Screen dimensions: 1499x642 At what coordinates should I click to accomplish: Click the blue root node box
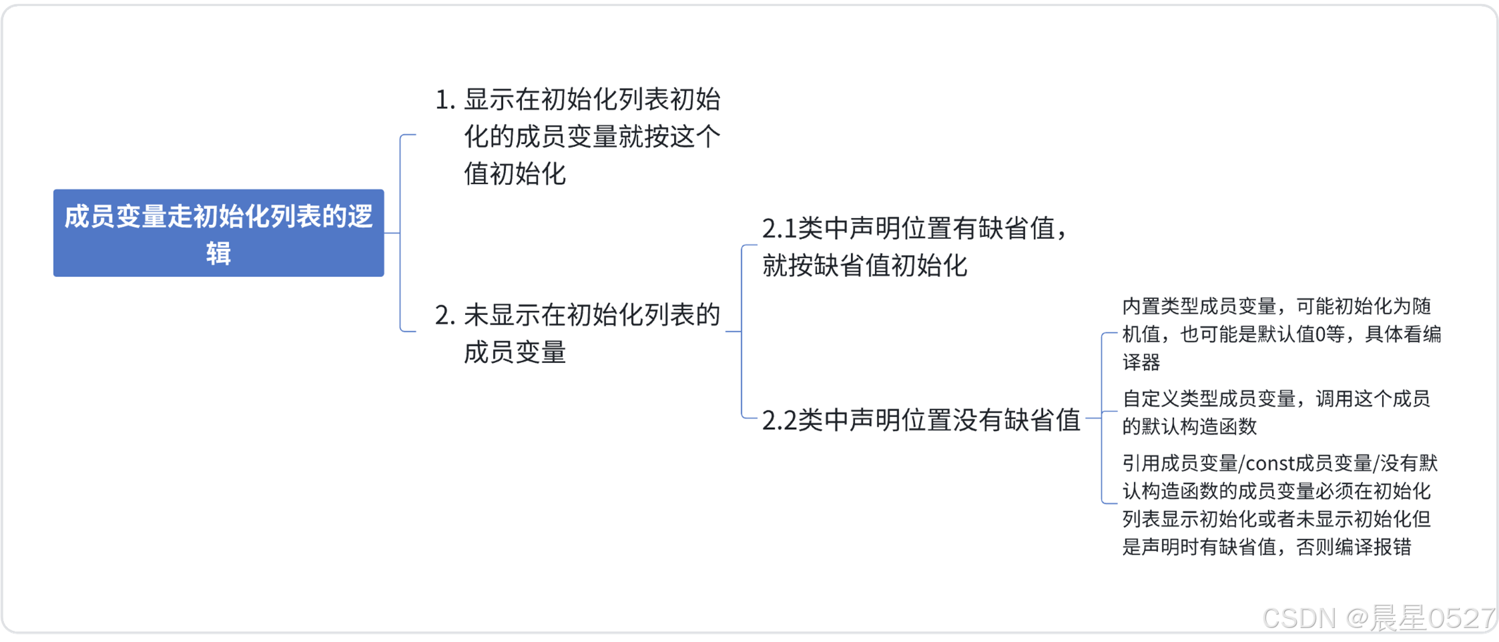(218, 233)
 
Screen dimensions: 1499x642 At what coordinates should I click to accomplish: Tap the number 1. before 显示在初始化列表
(444, 101)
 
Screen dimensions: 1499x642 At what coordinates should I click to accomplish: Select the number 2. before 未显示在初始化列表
(444, 316)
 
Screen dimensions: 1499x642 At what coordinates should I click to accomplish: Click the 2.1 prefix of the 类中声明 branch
(779, 230)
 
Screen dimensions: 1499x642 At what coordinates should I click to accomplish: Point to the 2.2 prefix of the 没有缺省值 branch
(779, 421)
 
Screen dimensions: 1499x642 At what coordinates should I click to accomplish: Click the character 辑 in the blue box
(218, 254)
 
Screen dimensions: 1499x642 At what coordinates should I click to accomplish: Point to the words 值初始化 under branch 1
(515, 174)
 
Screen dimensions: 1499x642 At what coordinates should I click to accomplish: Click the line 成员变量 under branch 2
(515, 352)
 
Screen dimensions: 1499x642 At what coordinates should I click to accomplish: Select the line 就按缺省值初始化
(864, 266)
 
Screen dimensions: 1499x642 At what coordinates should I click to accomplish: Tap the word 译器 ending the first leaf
(1141, 362)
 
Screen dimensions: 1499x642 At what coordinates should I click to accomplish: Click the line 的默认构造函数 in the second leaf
(1189, 426)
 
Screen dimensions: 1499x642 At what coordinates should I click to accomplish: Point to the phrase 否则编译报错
(1354, 547)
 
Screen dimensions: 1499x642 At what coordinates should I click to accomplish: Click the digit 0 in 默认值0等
(1319, 334)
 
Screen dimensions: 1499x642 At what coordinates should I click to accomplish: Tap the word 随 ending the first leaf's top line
(1422, 306)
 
